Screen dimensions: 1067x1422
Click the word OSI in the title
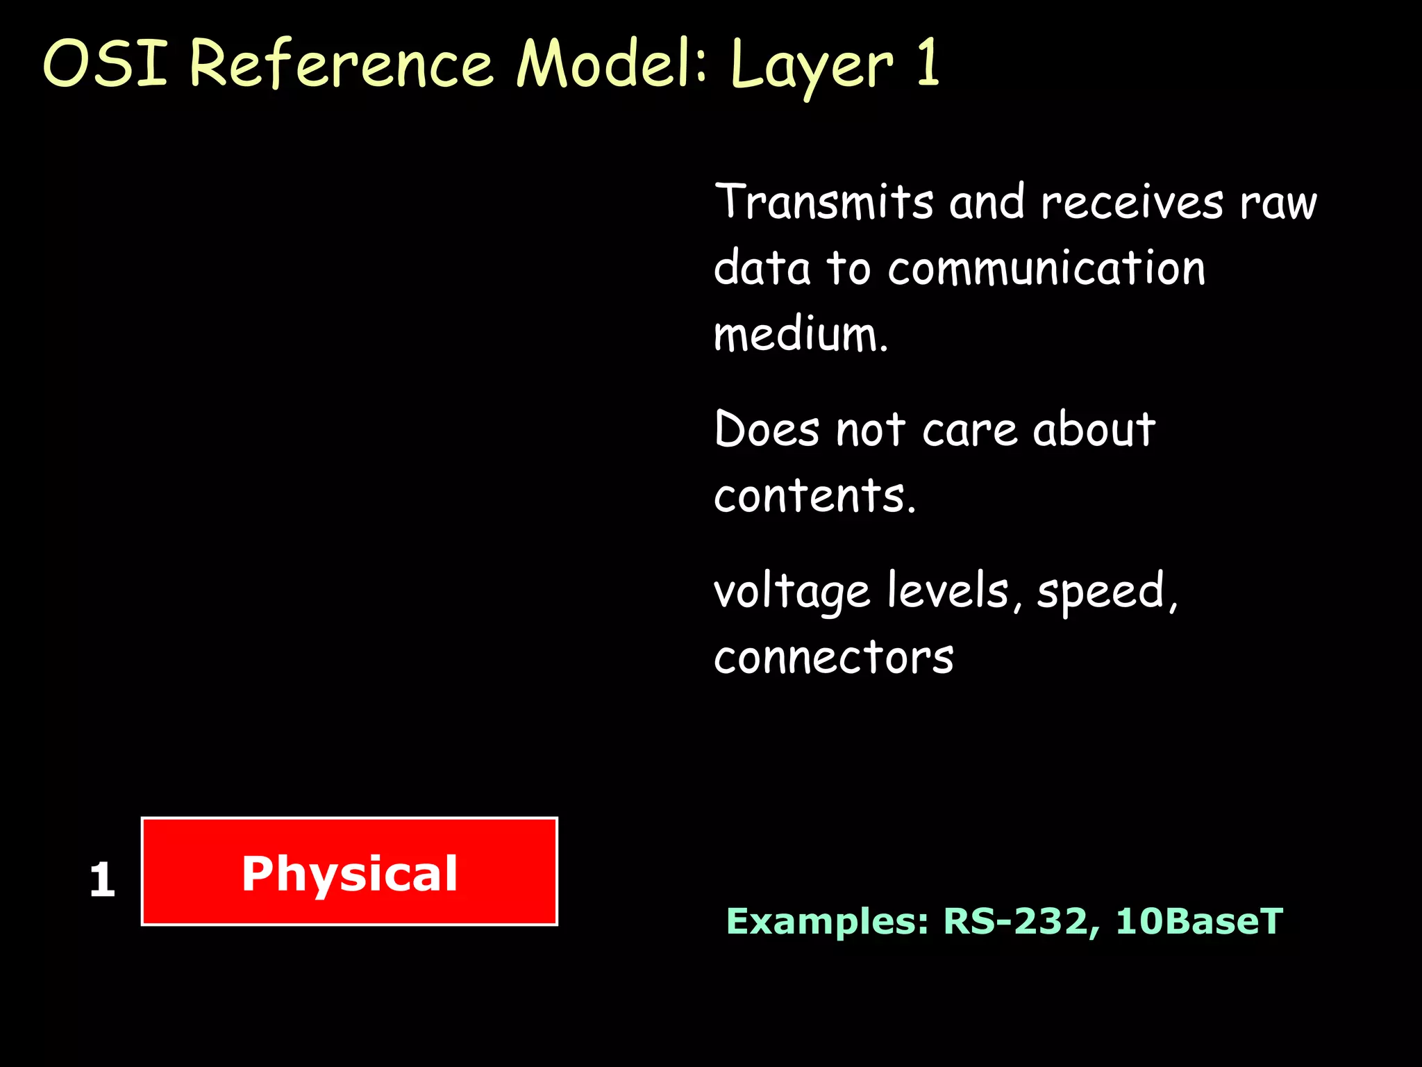pyautogui.click(x=106, y=64)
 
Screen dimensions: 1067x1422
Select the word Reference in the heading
pyautogui.click(x=341, y=64)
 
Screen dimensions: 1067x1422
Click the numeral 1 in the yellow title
pyautogui.click(x=928, y=64)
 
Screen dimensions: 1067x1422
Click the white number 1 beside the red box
pyautogui.click(x=102, y=880)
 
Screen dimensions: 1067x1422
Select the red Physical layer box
pyautogui.click(x=349, y=872)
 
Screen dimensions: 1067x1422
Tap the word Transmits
pyautogui.click(x=824, y=202)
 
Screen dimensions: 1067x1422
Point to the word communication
pyautogui.click(x=1046, y=269)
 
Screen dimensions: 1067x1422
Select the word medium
pyautogui.click(x=801, y=334)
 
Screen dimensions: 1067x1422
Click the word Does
pyautogui.click(x=767, y=429)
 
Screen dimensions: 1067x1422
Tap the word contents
pyautogui.click(x=814, y=495)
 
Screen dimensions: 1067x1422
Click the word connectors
pyautogui.click(x=834, y=657)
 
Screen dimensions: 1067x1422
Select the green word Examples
pyautogui.click(x=827, y=922)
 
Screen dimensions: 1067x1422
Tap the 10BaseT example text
pyautogui.click(x=1199, y=922)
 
